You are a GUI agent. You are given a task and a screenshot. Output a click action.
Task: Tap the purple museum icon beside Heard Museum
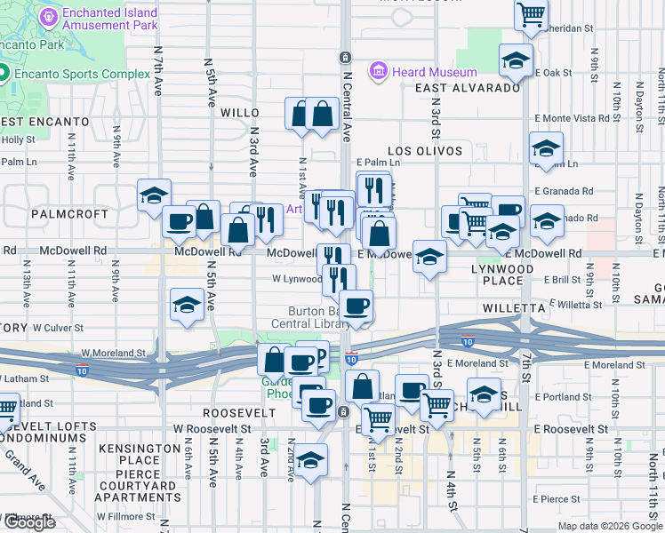coord(379,69)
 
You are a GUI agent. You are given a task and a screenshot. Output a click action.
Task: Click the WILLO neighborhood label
coord(239,113)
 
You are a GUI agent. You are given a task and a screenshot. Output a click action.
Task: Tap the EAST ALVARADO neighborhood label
coord(467,87)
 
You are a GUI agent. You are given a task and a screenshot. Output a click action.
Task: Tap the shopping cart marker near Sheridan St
coord(531,14)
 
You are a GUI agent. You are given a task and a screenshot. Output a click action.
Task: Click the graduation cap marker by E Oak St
coord(516,60)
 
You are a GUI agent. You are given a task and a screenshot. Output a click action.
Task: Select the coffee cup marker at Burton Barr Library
coord(357,306)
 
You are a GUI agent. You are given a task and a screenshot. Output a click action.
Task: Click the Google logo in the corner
coord(29,522)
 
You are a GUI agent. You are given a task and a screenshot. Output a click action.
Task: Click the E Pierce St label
coord(557,500)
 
